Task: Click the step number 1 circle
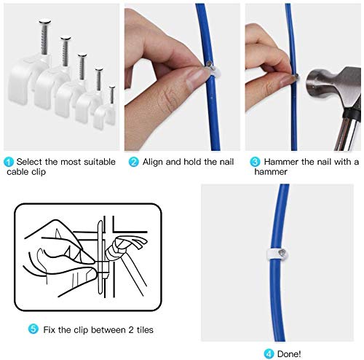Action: tap(8, 162)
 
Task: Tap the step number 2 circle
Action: tap(133, 162)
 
